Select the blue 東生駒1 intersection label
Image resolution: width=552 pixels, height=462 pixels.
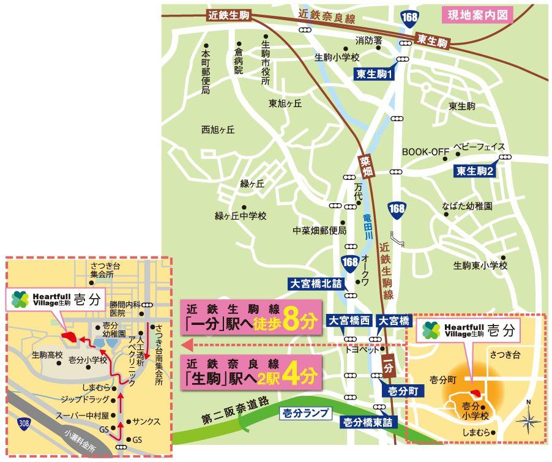[x=375, y=74]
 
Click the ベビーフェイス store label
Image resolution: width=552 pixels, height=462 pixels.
[x=479, y=147]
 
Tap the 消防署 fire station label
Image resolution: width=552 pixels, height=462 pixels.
[x=369, y=40]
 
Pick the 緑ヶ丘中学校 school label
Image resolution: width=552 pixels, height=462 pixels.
[x=241, y=216]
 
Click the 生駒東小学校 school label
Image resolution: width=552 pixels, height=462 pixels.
[x=480, y=266]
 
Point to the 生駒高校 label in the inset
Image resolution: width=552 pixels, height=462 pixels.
[x=47, y=354]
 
